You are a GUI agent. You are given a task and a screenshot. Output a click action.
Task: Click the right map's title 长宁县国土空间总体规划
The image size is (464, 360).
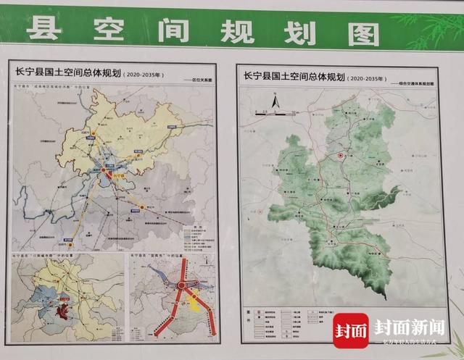293,75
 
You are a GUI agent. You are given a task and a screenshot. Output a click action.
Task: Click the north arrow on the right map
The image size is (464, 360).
275,106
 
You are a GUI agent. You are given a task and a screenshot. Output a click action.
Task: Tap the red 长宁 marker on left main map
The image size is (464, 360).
109,175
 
